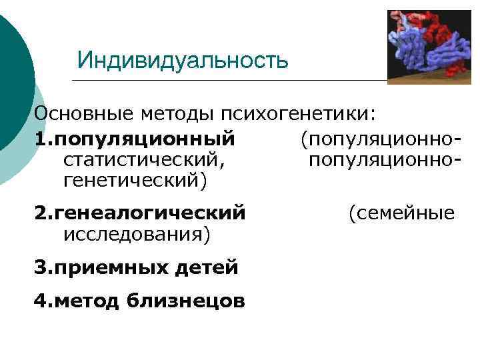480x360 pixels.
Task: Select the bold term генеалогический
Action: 151,213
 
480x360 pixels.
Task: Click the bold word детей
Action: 207,268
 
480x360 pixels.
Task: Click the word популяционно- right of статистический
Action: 385,159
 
